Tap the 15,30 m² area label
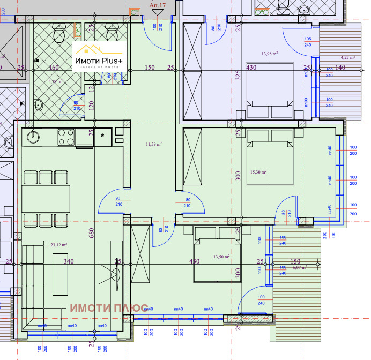tap(259, 172)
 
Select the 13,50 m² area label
tap(221, 257)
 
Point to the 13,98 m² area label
tap(270, 53)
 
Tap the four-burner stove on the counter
tap(65, 137)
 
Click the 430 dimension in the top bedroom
tap(252, 67)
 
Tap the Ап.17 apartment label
tap(157, 5)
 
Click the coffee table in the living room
tap(60, 273)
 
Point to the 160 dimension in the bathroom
tap(54, 67)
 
